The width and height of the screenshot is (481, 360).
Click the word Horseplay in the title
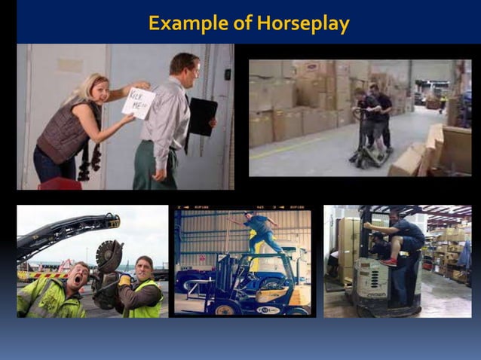click(303, 23)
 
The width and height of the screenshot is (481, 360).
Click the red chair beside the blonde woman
click(60, 183)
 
